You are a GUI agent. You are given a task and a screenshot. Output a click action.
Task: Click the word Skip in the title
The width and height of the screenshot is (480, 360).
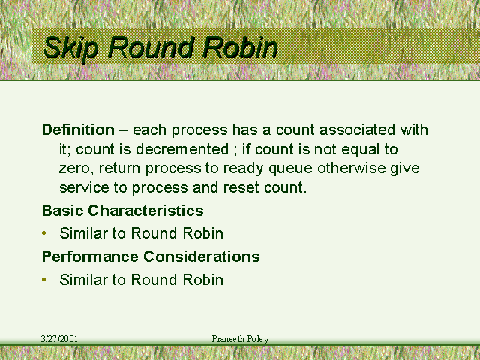click(71, 48)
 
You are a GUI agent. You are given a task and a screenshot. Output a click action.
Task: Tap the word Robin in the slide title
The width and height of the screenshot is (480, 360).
click(240, 47)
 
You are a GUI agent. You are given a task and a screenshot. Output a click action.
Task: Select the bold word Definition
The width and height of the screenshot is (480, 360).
click(78, 130)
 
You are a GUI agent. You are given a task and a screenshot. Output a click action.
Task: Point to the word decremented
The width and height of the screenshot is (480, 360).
click(182, 149)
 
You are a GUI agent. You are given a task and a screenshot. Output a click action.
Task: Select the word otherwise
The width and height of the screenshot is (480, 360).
click(352, 168)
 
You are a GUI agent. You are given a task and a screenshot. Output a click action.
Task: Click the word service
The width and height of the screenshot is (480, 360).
click(84, 187)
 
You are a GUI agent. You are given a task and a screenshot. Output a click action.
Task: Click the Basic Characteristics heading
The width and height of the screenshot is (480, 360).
click(123, 211)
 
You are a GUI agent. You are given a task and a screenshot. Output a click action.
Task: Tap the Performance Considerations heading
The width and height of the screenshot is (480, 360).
click(151, 256)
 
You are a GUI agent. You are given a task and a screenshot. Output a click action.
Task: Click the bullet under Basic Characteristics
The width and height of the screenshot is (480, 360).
click(44, 233)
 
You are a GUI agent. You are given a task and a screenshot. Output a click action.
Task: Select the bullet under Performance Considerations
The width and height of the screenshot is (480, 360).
click(44, 280)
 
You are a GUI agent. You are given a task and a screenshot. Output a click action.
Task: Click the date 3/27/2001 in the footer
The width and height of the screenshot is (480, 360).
click(59, 339)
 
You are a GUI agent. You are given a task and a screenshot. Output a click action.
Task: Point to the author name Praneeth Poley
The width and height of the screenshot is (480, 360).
click(240, 339)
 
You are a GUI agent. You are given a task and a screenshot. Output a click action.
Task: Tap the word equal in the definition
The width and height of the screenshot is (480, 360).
click(360, 150)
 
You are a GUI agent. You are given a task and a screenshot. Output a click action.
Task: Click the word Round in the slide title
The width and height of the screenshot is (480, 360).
click(151, 47)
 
